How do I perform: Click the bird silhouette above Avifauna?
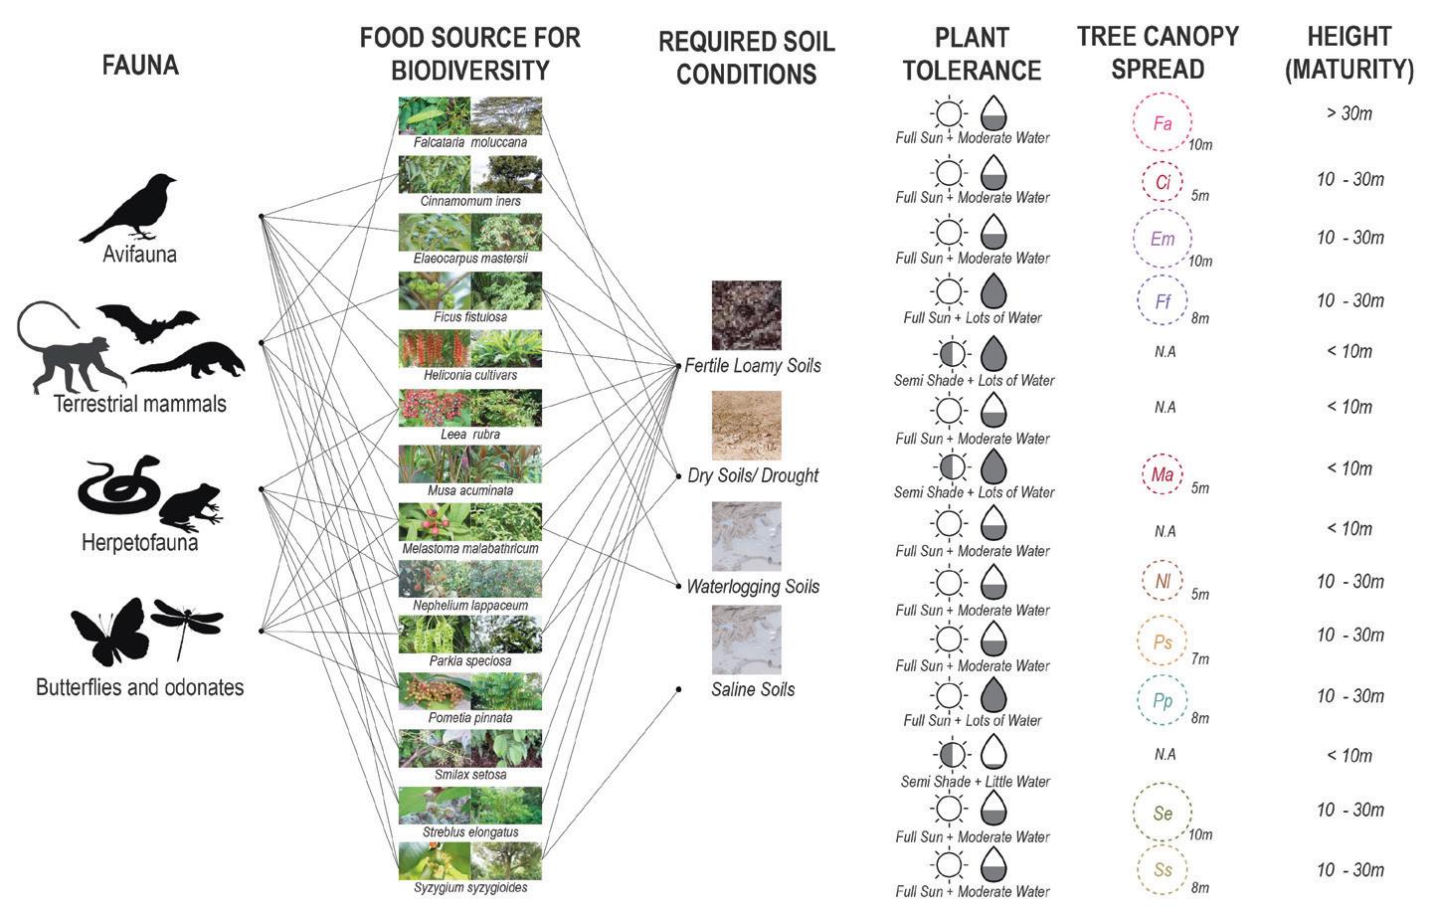click(x=129, y=207)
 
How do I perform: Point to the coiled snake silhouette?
click(x=117, y=484)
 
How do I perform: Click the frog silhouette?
click(x=189, y=507)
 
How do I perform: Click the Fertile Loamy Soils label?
click(x=753, y=366)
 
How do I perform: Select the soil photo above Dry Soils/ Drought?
click(x=746, y=425)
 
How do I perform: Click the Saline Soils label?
click(x=753, y=689)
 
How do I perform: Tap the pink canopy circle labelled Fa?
click(x=1162, y=123)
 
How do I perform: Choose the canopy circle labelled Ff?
click(x=1162, y=300)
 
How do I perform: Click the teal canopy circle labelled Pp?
click(x=1162, y=700)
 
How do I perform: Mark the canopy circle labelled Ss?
click(x=1162, y=869)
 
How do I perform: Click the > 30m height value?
click(x=1349, y=113)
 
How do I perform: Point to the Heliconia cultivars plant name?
click(x=470, y=375)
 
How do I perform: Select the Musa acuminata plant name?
click(x=470, y=490)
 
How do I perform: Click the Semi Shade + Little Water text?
click(x=975, y=782)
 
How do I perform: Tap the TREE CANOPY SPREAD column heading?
click(x=1158, y=53)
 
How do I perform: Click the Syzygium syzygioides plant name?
click(x=470, y=887)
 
